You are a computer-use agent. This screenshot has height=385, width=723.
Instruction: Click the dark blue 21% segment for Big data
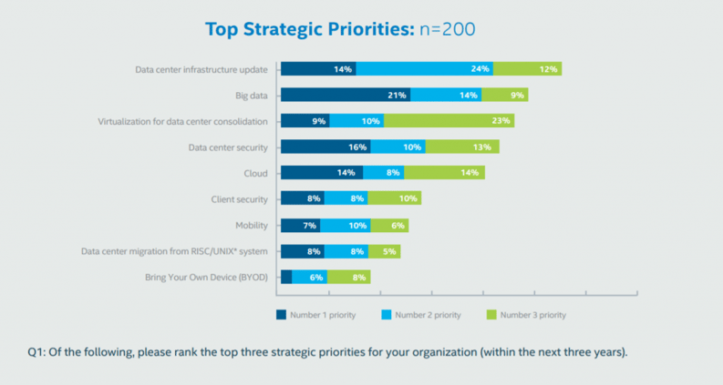point(346,95)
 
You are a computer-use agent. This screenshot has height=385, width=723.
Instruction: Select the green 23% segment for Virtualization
point(449,120)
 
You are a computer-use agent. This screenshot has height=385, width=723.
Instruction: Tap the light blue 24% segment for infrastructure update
point(424,68)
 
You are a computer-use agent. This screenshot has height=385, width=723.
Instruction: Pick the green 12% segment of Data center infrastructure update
point(527,68)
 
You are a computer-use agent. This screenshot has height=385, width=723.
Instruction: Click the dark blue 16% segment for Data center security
point(325,147)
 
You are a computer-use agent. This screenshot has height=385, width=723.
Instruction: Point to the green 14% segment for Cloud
point(444,173)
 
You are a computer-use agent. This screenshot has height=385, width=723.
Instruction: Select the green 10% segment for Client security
point(394,198)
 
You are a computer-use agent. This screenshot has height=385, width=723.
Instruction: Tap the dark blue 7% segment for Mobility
point(300,225)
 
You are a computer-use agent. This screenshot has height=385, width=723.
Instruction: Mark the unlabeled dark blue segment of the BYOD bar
point(286,277)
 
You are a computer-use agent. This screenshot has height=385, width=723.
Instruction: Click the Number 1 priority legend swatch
point(282,315)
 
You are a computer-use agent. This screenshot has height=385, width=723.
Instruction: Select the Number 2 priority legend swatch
point(387,315)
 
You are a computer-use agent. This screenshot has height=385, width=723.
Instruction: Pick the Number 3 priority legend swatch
point(493,315)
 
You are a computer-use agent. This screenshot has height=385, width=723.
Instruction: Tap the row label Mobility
point(252,225)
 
